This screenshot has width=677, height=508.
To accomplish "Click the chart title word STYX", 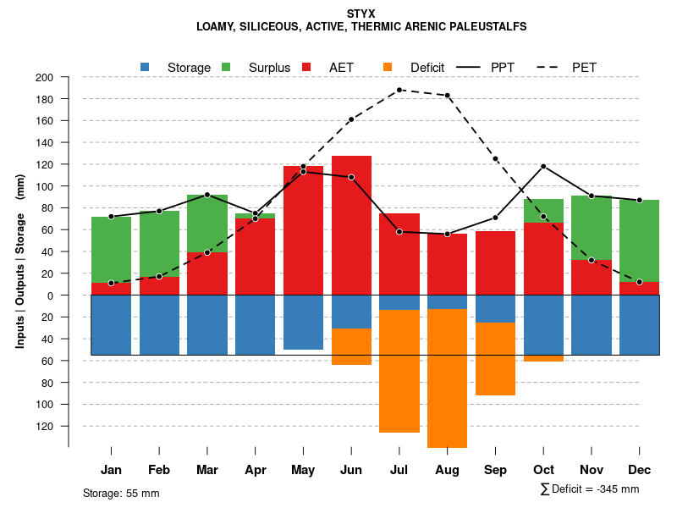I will coord(361,14).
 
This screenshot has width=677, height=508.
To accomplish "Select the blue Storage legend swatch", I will coord(145,67).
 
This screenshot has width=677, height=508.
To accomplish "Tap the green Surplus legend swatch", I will coord(226,67).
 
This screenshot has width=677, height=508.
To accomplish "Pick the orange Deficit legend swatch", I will coord(388,67).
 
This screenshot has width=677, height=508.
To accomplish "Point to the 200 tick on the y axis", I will coord(44,78).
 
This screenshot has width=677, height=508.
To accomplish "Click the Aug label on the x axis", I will coord(448,470).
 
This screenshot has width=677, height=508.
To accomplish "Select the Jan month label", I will coord(111,470).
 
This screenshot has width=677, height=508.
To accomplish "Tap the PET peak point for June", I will coord(351,119).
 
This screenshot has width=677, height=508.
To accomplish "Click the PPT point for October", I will coord(543,166).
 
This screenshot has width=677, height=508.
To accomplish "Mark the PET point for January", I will coord(111,283).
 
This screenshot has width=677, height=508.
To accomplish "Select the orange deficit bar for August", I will coord(448,378).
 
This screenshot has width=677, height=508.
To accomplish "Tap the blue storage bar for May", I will coord(303,322).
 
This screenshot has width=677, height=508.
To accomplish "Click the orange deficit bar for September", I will coord(496,359).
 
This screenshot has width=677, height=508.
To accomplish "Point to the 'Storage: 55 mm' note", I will coord(121,493).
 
